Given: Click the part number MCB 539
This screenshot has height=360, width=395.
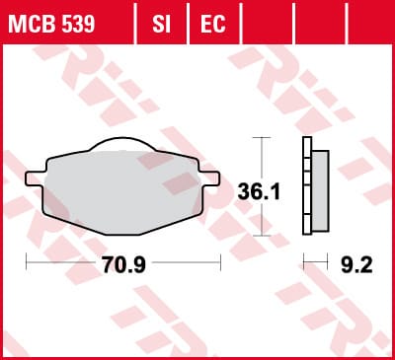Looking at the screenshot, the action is tap(51, 24).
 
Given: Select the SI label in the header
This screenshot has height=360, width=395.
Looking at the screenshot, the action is tap(161, 24).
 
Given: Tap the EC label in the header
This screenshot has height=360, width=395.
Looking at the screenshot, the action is tap(213, 24).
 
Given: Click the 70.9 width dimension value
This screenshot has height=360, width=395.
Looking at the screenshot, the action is tap(123, 264).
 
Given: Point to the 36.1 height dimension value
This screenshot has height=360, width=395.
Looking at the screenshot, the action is tap(259, 192).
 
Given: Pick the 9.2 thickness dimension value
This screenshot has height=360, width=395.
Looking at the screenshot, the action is tap(356, 264).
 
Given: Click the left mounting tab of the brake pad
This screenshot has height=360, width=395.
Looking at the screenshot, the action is tap(35, 179).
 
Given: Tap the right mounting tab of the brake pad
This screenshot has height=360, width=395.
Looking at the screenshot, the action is tap(209, 179).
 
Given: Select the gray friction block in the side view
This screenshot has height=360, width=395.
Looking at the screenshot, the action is tap(320, 191).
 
